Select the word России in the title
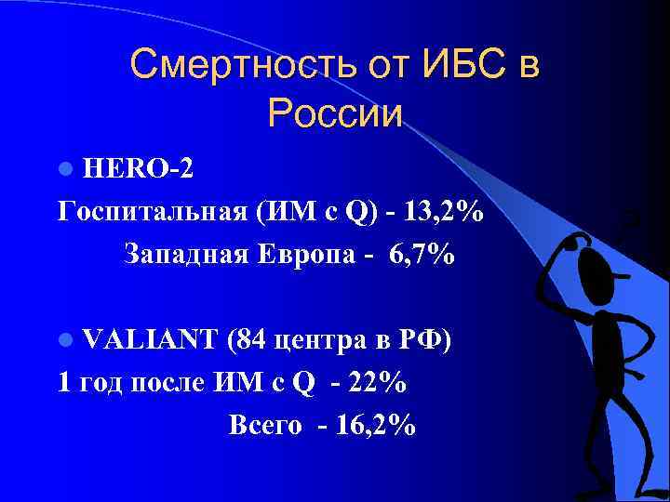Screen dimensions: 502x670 click(x=335, y=114)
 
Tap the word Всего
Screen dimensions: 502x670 click(x=264, y=425)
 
